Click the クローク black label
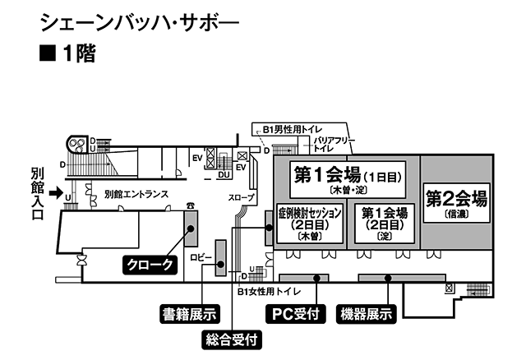point(150,265)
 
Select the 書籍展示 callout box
point(190,314)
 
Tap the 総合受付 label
point(232,340)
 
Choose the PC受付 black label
point(296,314)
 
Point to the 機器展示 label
point(367,314)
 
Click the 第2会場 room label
point(457,203)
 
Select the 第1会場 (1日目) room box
point(348,179)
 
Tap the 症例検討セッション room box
point(310,223)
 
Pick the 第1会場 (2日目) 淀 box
point(385,223)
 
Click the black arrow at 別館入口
point(56,193)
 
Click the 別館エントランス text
point(136,194)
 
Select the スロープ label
point(241,197)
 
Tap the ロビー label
point(201,257)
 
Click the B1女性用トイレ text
point(270,292)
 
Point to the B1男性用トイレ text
point(293,130)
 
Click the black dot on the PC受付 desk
point(316,278)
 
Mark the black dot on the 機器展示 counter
point(388,278)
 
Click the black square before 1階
point(48,53)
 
